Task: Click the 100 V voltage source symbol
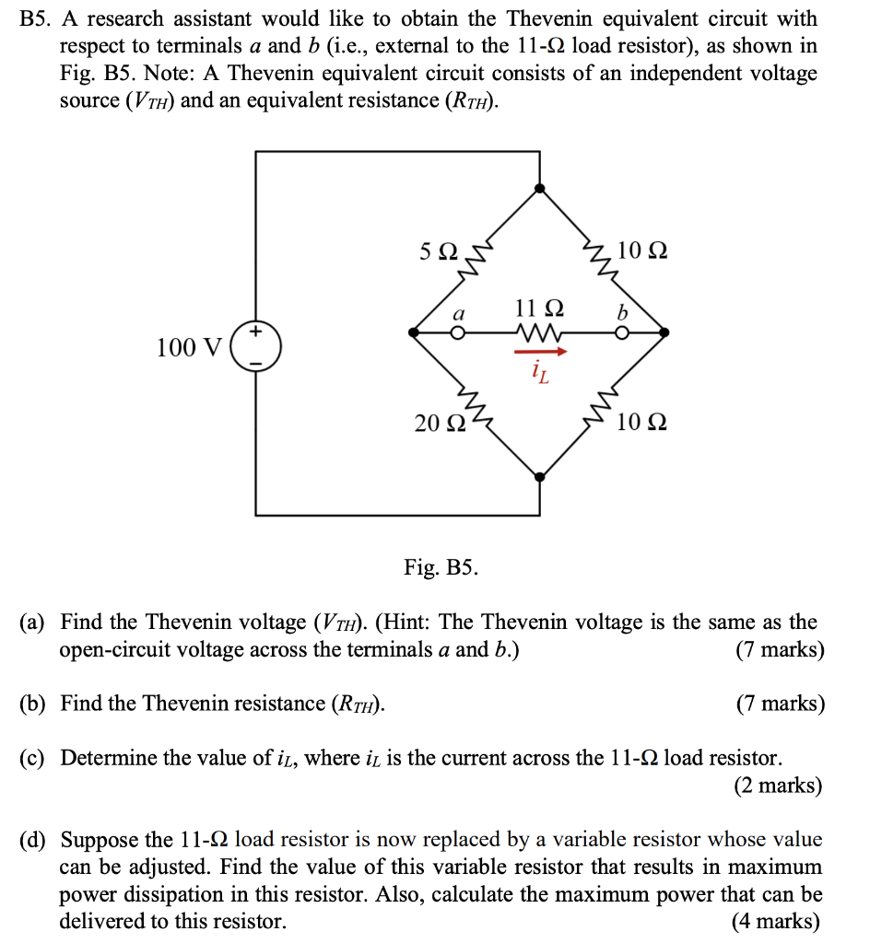[x=256, y=346]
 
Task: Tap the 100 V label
[x=190, y=347]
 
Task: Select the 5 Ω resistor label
[x=438, y=250]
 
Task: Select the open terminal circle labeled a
[x=456, y=332]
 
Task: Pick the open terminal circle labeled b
[x=623, y=332]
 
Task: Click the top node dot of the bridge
[x=540, y=188]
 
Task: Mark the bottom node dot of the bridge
[x=540, y=476]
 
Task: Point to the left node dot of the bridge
[x=416, y=332]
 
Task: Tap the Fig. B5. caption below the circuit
[x=441, y=566]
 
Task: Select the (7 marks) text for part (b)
[x=780, y=704]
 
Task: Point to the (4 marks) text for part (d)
[x=775, y=921]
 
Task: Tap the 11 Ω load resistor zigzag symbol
[x=540, y=332]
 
